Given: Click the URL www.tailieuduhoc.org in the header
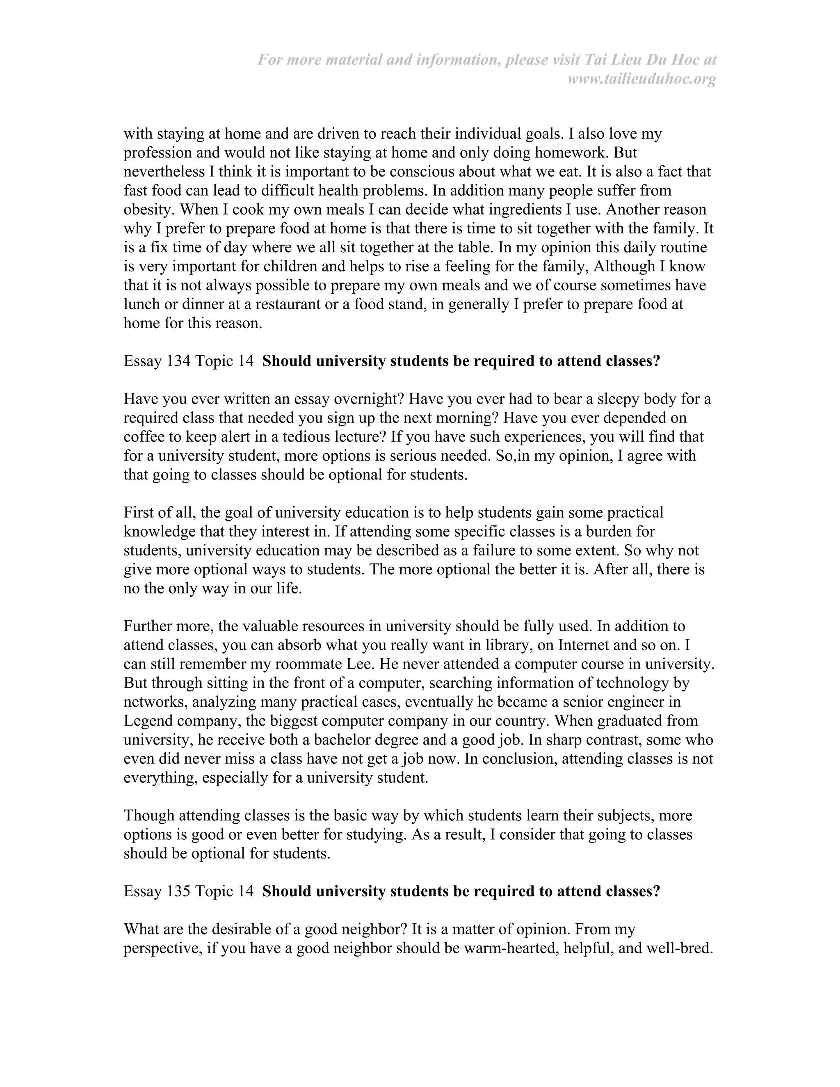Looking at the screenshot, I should [x=641, y=79].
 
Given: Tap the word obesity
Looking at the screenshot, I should [x=146, y=210].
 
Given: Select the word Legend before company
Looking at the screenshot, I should [x=147, y=721].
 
